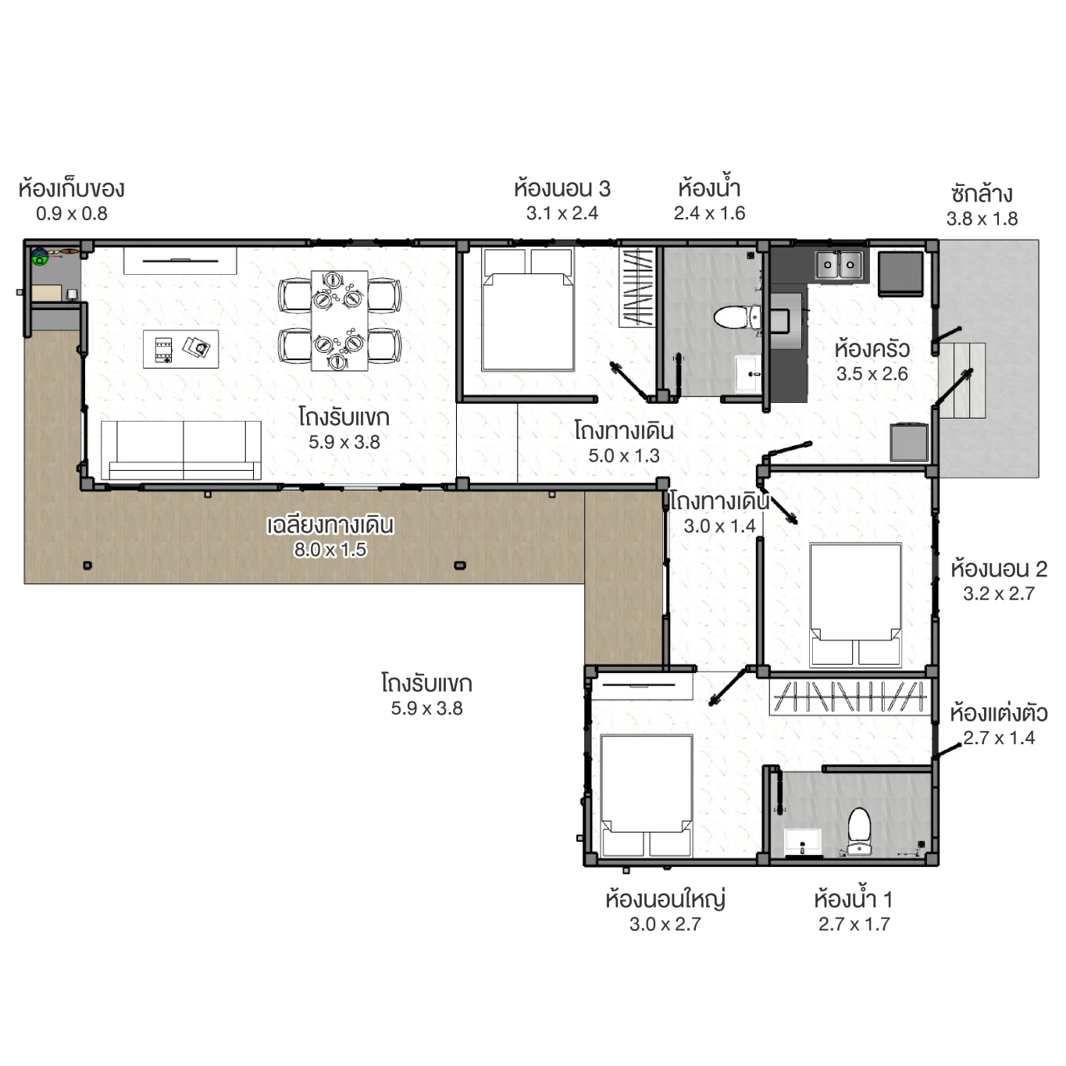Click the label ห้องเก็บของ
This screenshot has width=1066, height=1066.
pos(71,189)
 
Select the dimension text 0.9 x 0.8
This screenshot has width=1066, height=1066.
pos(71,214)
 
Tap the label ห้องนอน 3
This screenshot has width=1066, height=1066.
pos(562,189)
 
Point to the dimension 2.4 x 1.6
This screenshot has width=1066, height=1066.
pos(709,213)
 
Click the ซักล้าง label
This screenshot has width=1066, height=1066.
pos(982,194)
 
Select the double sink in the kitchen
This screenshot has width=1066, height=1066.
pos(839,266)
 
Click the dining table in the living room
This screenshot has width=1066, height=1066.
pos(339,320)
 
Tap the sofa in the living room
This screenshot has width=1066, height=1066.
pos(181,450)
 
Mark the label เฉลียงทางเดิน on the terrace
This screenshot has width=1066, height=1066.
pos(330,525)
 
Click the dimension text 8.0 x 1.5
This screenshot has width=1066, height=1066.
pos(330,550)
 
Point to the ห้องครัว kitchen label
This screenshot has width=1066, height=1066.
pos(872,348)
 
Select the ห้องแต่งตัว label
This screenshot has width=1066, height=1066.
pos(998,713)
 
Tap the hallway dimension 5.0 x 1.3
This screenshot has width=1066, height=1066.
pos(623,456)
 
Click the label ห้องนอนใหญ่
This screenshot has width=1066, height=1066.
pos(665,899)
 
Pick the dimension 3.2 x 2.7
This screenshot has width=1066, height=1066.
pos(998,594)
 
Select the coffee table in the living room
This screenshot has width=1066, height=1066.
pos(180,348)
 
